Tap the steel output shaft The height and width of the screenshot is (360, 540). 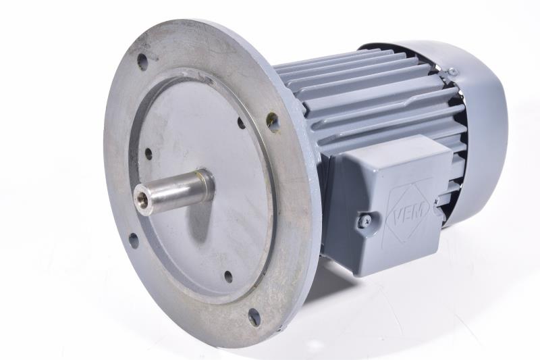point(172,191)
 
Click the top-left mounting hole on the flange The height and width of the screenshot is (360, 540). point(142,61)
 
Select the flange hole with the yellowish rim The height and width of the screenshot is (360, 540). point(273,122)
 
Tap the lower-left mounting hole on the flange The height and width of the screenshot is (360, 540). point(133,240)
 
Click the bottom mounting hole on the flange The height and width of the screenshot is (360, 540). point(254,317)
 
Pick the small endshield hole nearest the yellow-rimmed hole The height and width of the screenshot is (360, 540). point(242,123)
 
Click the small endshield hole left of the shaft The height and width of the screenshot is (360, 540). point(148,153)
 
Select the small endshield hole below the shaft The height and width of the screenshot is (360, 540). point(228,277)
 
